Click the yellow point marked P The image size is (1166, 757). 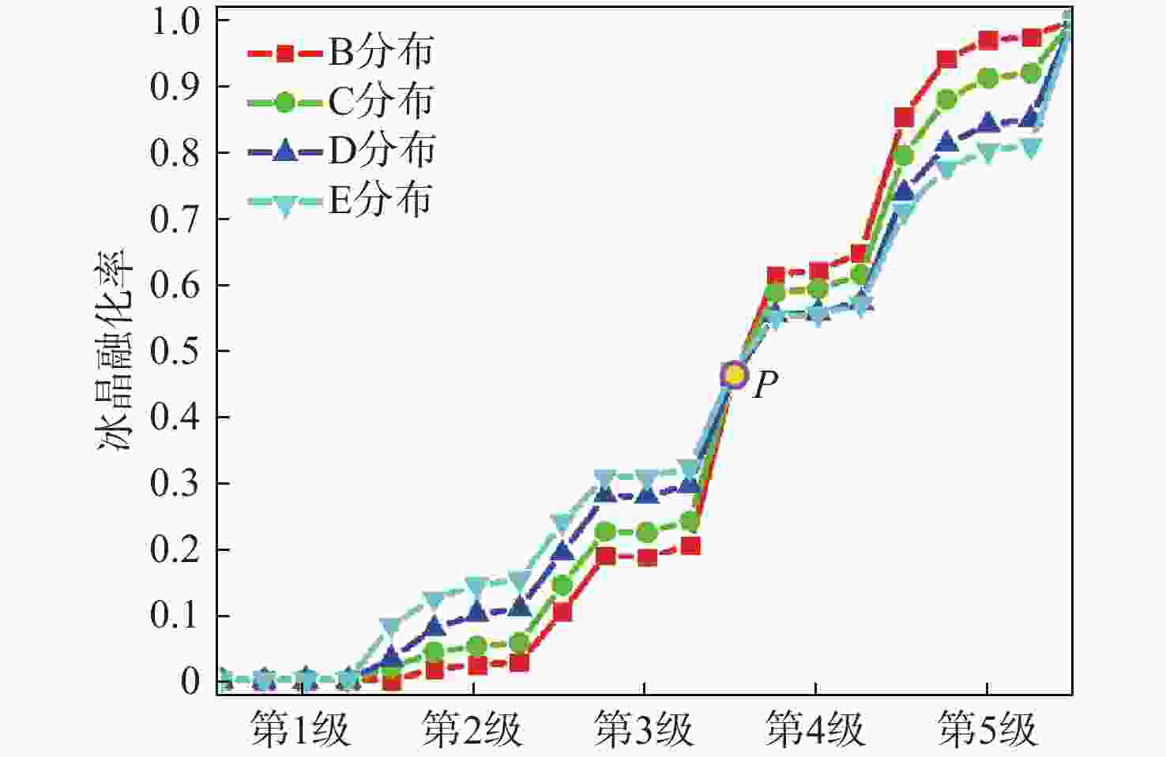[x=735, y=375]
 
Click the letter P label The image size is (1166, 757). [x=765, y=385]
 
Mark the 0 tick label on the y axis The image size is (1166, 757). [x=190, y=681]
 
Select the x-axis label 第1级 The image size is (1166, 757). [x=300, y=730]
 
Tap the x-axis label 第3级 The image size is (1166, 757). [x=644, y=730]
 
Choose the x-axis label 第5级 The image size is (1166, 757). [x=987, y=730]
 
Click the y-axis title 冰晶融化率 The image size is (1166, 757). [x=115, y=351]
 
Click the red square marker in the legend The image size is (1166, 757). [x=285, y=53]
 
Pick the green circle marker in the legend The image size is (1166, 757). [x=285, y=102]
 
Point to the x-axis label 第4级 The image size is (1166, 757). [x=815, y=730]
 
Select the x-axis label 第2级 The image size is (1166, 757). [x=472, y=730]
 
